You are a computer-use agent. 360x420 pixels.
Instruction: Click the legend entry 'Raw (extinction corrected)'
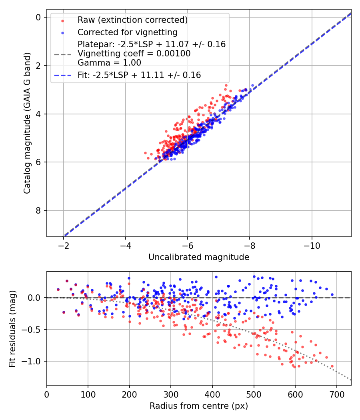click(132, 20)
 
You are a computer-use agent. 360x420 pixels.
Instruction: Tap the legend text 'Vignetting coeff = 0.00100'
click(134, 54)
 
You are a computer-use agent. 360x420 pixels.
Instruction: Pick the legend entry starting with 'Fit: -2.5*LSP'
click(139, 75)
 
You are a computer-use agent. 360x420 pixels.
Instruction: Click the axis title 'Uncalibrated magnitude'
click(199, 257)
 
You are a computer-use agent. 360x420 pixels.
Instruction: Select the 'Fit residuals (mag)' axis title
click(12, 328)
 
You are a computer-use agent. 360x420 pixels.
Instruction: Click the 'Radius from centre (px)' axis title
click(199, 406)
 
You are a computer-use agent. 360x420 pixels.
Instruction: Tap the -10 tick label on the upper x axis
click(312, 245)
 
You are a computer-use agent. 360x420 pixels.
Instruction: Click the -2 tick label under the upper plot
click(64, 245)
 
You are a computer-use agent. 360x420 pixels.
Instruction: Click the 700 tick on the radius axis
click(336, 394)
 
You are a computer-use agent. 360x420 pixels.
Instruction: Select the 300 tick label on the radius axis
click(171, 394)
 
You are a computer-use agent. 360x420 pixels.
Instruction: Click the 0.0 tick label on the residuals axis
click(35, 298)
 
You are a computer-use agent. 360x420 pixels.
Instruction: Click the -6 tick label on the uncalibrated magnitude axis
click(188, 245)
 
